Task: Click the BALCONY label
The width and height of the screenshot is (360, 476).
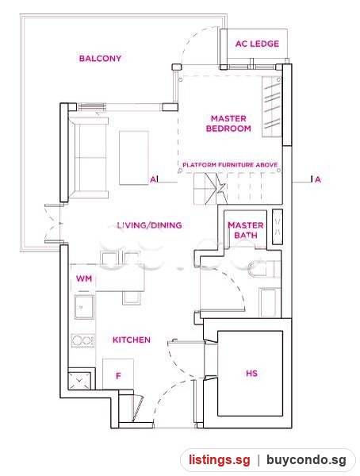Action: tap(100, 58)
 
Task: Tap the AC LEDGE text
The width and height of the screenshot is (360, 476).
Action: tap(257, 44)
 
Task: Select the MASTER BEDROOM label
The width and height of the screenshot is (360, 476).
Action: tap(228, 123)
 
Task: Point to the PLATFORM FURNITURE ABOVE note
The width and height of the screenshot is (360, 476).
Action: tap(230, 165)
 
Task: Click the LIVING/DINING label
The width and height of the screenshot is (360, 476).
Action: tap(149, 225)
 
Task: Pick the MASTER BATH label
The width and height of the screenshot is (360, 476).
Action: tap(246, 230)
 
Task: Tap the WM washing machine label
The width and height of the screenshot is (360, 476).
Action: tap(84, 278)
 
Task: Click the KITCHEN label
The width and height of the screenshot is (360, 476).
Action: tap(132, 340)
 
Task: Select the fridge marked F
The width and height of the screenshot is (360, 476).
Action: tap(118, 374)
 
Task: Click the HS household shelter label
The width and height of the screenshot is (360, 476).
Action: tap(251, 373)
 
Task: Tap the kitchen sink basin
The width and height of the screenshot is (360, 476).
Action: tap(84, 306)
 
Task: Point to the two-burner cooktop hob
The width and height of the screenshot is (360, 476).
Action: tap(83, 340)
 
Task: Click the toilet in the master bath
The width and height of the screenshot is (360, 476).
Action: tap(262, 269)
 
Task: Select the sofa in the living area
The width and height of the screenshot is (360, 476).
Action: tap(89, 158)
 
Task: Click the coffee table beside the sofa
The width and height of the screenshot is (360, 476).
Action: tap(134, 158)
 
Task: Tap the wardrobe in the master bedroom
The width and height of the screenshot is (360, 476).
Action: tap(272, 106)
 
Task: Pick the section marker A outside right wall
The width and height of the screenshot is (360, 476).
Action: tap(317, 179)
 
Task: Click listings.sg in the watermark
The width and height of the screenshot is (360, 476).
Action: tap(220, 460)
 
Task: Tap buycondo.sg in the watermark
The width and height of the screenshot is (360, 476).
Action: tap(306, 460)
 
